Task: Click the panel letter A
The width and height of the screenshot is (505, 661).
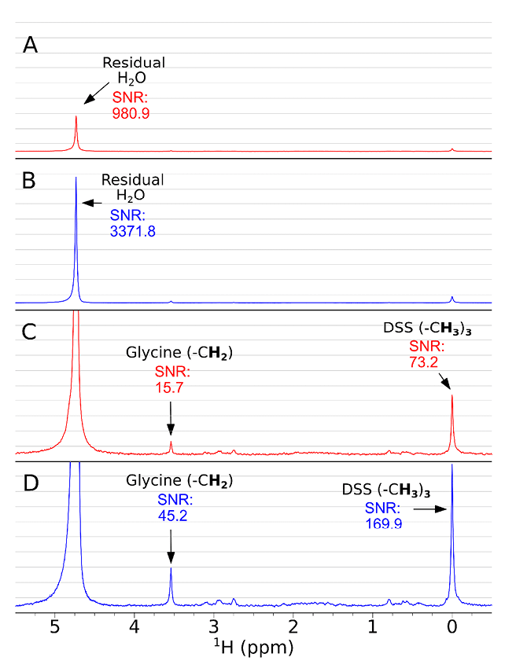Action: pyautogui.click(x=30, y=45)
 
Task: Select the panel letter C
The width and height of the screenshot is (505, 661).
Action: pyautogui.click(x=30, y=332)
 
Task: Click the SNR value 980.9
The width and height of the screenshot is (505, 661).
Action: pyautogui.click(x=131, y=113)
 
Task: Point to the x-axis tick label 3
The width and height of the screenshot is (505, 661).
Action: pyautogui.click(x=213, y=628)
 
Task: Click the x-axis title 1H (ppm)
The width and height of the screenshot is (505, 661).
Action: pyautogui.click(x=253, y=648)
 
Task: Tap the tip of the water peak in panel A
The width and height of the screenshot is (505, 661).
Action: pyautogui.click(x=76, y=117)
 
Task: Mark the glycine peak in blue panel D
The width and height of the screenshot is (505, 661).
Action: pyautogui.click(x=171, y=570)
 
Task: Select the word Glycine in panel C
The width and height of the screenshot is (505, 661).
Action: pyautogui.click(x=150, y=351)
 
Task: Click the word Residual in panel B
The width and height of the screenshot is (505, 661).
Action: pyautogui.click(x=137, y=180)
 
